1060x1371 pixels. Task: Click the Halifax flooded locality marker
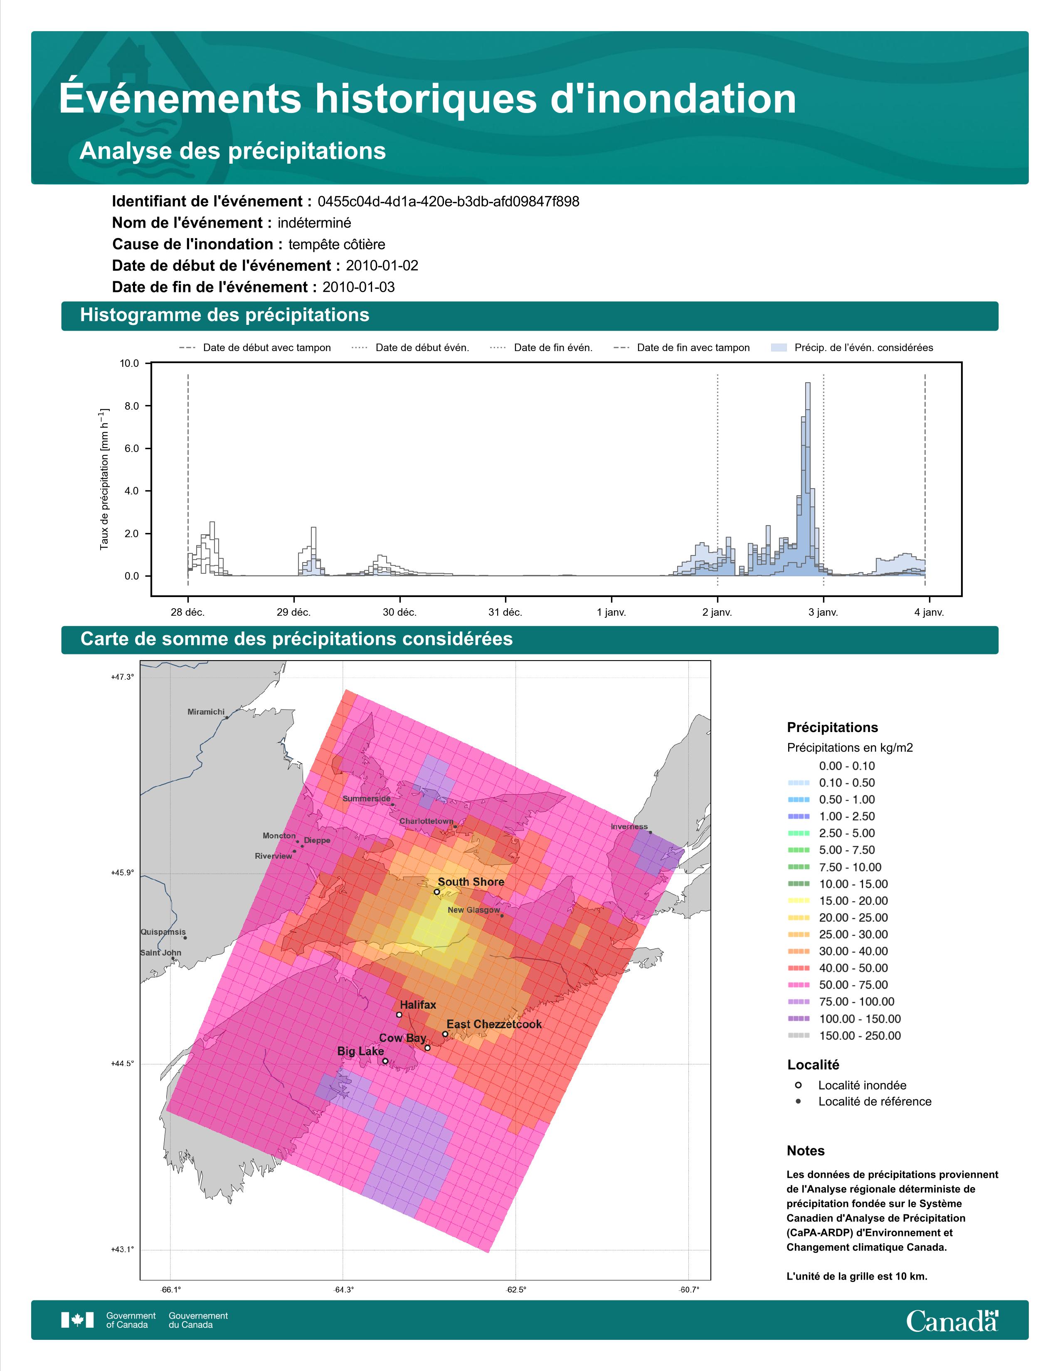(x=399, y=1015)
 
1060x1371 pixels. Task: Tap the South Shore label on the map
(x=471, y=882)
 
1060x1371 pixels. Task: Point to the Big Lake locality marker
(x=385, y=1061)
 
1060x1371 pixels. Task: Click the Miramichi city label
(x=206, y=712)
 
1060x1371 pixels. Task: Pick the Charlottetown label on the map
(x=426, y=821)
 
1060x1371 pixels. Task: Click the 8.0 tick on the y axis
(x=132, y=406)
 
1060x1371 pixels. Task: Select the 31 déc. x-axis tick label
(x=505, y=612)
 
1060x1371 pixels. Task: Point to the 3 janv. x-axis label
(x=823, y=612)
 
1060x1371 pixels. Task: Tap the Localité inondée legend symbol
(x=798, y=1085)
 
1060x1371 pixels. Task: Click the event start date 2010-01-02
(x=382, y=265)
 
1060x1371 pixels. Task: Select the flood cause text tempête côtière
(x=337, y=244)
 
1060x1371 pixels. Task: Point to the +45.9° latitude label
(x=123, y=872)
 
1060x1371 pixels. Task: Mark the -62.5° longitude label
(x=516, y=1290)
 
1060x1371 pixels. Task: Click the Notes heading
(x=806, y=1151)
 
